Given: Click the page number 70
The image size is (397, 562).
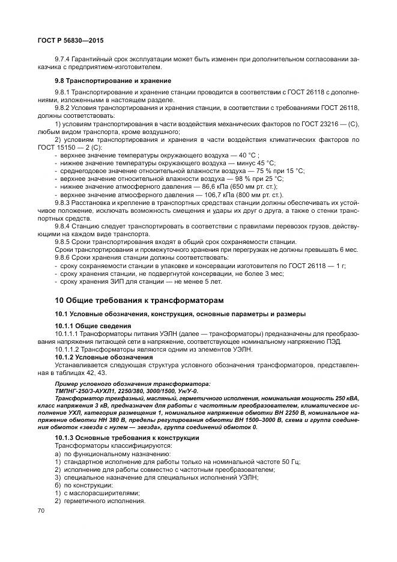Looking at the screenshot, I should (x=41, y=511).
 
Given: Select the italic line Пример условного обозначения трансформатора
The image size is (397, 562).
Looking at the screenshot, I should (x=133, y=382).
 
